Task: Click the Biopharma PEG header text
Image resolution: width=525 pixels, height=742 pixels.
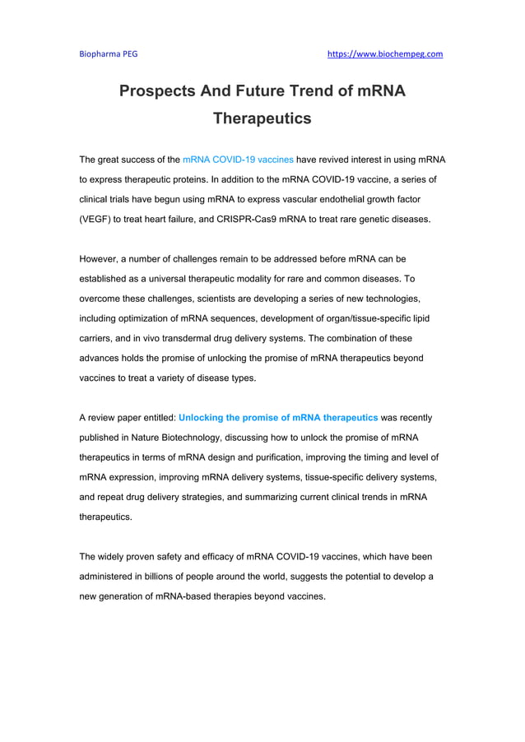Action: [108, 54]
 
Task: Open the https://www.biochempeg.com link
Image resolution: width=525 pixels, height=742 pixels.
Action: [385, 54]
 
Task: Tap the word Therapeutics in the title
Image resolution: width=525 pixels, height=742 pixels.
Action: [262, 118]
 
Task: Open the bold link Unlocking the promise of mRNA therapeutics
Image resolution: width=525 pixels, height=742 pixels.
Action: [278, 418]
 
